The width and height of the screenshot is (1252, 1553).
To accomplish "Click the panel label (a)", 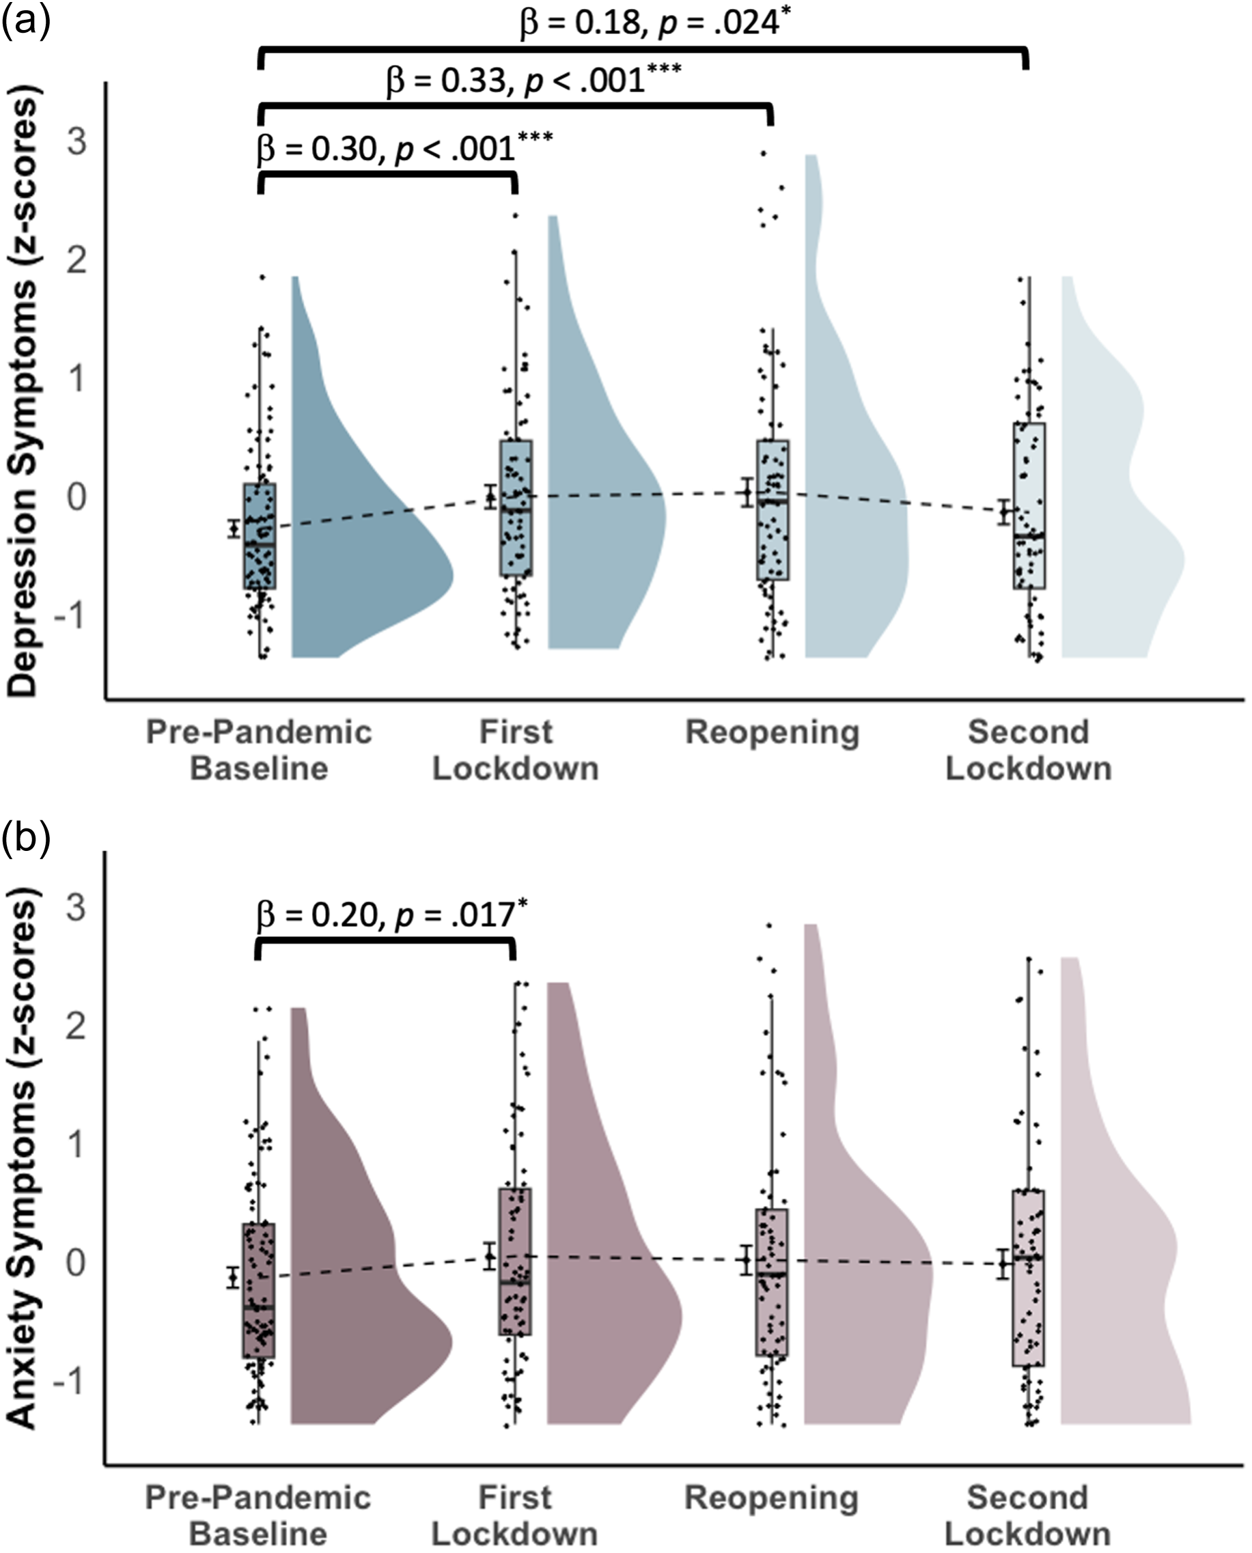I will [x=26, y=22].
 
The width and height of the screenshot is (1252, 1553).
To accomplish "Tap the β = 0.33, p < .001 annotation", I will [x=533, y=80].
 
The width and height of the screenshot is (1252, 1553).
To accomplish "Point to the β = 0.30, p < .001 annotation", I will [x=404, y=148].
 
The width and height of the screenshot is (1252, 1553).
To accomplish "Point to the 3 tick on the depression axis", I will [x=76, y=142].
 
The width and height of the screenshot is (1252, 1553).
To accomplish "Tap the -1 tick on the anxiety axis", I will [x=69, y=1382].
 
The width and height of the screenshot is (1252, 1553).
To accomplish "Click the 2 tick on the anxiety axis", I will [x=76, y=1025].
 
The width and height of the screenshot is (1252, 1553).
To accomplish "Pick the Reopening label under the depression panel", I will [x=772, y=733].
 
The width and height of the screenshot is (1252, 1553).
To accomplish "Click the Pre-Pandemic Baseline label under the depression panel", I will [x=259, y=751].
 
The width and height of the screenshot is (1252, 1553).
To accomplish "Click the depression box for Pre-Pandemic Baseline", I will [x=260, y=535].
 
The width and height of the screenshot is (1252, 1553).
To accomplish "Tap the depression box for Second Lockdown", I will [x=1029, y=505].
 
